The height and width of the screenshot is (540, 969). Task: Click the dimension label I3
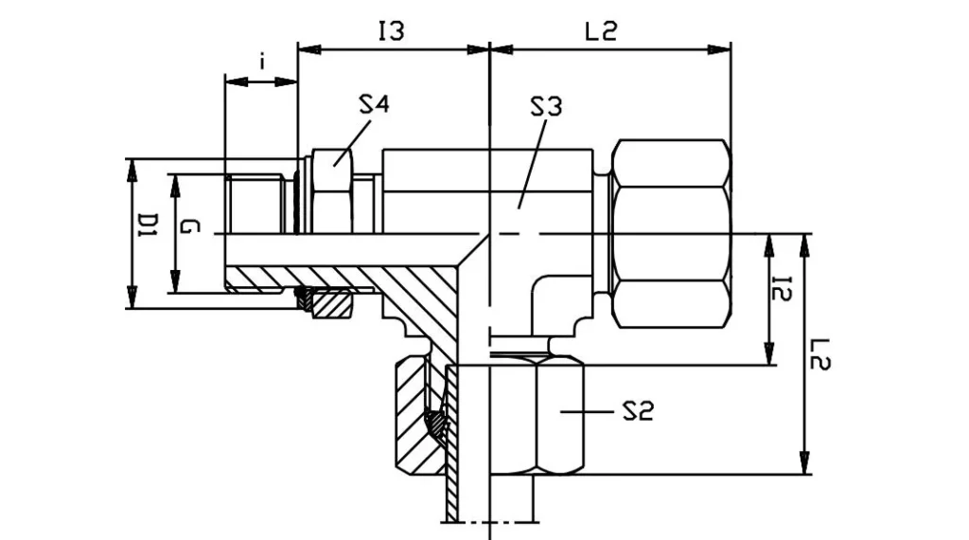click(x=391, y=31)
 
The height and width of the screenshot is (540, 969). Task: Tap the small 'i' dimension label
click(x=262, y=63)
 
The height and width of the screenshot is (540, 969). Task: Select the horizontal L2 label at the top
click(x=600, y=31)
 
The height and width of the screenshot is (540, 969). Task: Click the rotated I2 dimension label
click(x=782, y=289)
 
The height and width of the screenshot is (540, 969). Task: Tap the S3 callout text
click(x=545, y=106)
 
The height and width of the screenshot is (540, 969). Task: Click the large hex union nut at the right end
click(x=671, y=233)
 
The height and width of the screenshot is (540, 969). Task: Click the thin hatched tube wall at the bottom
click(x=451, y=445)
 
